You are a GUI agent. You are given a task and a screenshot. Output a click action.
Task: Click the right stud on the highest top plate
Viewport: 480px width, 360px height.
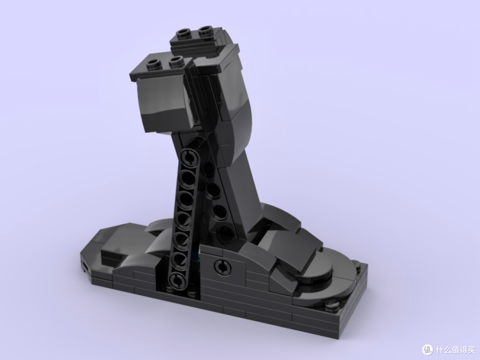pyautogui.click(x=205, y=30)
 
